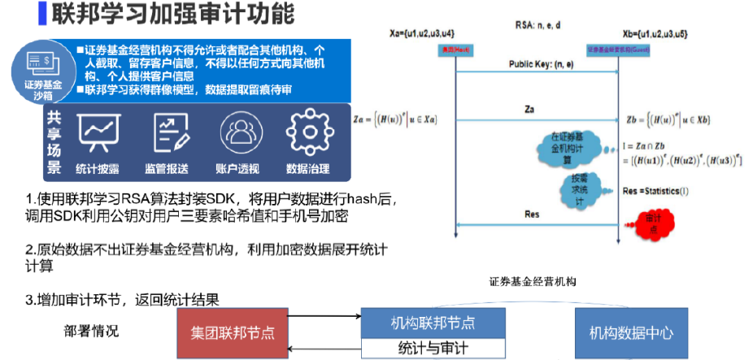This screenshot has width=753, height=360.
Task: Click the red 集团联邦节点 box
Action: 232,332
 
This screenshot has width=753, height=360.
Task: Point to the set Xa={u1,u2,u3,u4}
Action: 422,33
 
